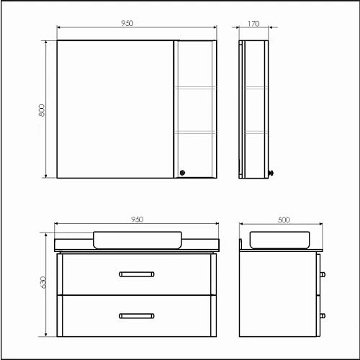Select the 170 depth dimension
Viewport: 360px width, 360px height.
(x=254, y=24)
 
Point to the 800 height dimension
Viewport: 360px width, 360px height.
(x=42, y=109)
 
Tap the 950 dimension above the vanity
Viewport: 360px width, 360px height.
(x=137, y=219)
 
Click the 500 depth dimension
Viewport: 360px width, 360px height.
(x=283, y=219)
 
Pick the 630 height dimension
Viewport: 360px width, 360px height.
(x=42, y=284)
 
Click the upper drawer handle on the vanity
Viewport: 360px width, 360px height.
(x=137, y=273)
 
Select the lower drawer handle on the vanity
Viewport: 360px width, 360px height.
(x=137, y=315)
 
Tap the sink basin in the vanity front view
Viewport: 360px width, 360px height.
(x=137, y=239)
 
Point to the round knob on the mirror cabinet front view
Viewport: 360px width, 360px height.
(x=182, y=172)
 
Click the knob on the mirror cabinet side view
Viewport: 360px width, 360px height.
(x=271, y=172)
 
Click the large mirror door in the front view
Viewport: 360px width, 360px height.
(x=115, y=109)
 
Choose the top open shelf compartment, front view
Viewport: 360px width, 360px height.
(x=195, y=64)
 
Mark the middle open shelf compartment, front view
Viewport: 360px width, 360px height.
(x=195, y=109)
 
